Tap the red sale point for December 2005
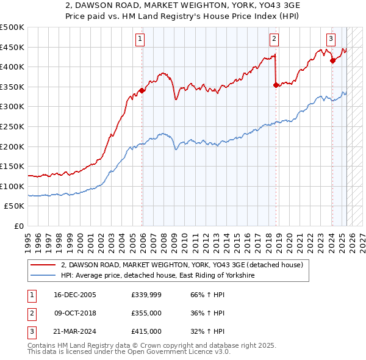[x=142, y=90]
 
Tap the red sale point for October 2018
[x=276, y=85]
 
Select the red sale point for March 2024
[x=332, y=60]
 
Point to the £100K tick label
[x=12, y=186]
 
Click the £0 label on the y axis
[x=19, y=226]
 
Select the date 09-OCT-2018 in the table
[x=74, y=312]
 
